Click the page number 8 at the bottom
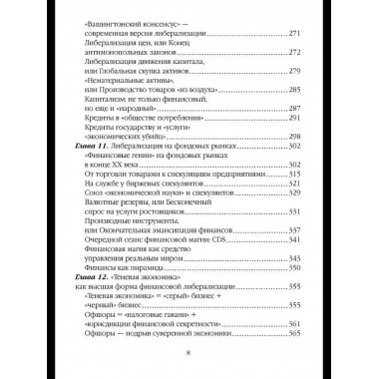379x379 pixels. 189,351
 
